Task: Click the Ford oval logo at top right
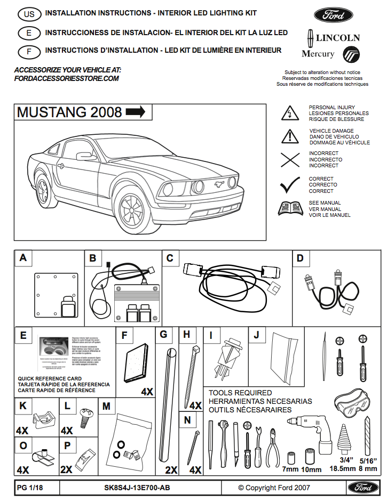click(330, 15)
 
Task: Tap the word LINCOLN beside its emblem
click(337, 38)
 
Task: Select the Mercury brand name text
click(318, 54)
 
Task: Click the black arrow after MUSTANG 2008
click(135, 112)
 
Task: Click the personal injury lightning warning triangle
click(289, 113)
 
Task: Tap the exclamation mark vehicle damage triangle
click(289, 136)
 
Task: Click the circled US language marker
click(29, 14)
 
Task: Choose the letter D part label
click(300, 258)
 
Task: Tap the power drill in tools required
click(310, 435)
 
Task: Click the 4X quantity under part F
click(147, 392)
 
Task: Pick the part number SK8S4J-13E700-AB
click(137, 488)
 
